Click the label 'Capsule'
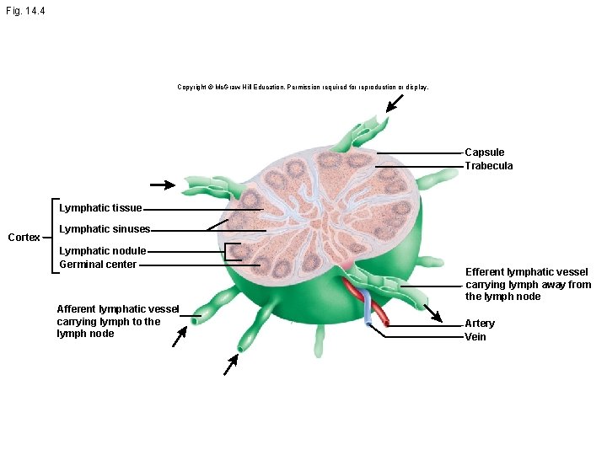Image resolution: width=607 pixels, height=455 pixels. click(485, 153)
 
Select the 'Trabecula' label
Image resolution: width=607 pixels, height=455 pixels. click(489, 166)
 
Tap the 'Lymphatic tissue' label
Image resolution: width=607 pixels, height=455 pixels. click(100, 208)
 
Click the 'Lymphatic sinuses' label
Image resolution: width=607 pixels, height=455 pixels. click(105, 229)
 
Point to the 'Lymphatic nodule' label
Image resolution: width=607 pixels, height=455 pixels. click(103, 251)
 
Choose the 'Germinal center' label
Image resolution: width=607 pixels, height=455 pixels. click(98, 265)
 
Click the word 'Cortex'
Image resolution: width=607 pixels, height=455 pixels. click(24, 238)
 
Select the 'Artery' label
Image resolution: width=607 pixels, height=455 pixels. click(480, 324)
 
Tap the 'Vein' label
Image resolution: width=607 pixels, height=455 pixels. click(475, 337)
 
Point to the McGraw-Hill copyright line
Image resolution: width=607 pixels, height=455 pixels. click(303, 87)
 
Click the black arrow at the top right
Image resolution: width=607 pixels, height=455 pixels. click(394, 103)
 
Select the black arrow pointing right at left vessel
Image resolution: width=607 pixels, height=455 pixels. click(163, 184)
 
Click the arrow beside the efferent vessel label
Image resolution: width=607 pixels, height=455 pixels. click(432, 313)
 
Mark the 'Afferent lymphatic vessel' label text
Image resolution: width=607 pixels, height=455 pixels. click(117, 321)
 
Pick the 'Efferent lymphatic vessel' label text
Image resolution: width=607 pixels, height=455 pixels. click(527, 284)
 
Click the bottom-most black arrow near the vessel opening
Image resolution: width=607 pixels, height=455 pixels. click(231, 364)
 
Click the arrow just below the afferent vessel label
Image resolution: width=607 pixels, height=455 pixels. click(179, 337)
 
